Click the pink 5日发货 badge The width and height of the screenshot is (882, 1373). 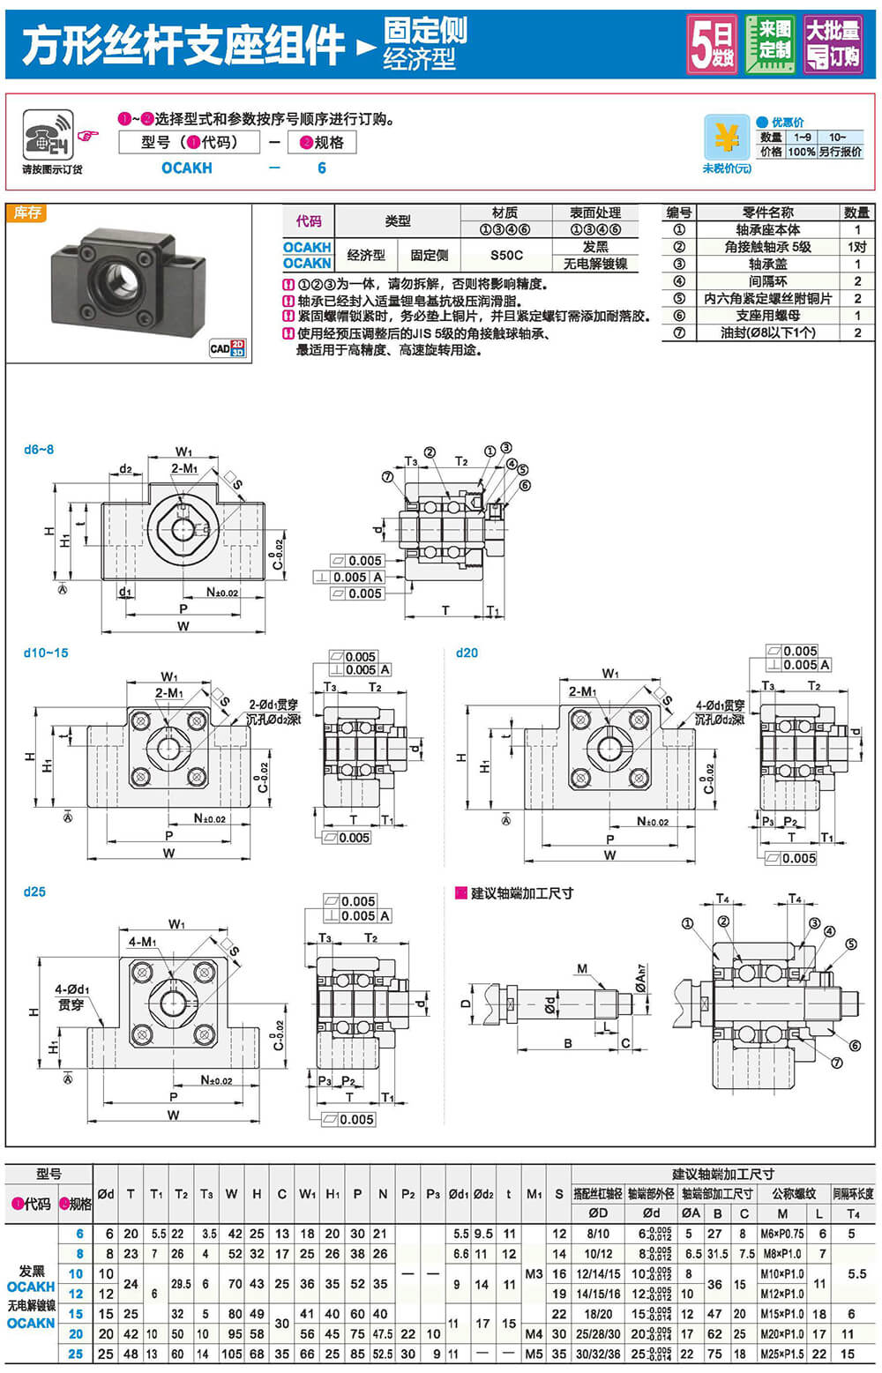point(712,44)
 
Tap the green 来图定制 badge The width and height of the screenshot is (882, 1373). point(770,44)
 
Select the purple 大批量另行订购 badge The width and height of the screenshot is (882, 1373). point(833,44)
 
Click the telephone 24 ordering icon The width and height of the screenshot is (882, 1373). point(49,136)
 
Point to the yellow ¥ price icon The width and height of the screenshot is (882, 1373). point(727,138)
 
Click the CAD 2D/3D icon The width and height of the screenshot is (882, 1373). point(228,348)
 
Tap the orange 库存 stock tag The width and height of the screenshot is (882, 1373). point(26,213)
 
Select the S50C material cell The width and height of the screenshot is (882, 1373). point(506,255)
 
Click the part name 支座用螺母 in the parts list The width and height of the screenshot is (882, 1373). point(767,315)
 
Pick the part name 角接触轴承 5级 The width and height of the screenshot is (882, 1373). point(767,247)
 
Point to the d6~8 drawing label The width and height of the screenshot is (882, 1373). point(39,450)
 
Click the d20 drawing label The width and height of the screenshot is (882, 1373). point(467,653)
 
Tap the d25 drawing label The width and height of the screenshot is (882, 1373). point(34,892)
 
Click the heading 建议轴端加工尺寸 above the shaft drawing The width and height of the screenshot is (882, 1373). point(521,893)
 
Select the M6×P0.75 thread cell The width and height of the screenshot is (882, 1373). point(781,1235)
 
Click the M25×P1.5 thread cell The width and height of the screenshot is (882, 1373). point(781,1354)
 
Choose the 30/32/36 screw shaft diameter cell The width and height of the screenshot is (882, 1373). point(598,1354)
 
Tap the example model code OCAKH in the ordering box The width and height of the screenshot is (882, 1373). point(186,168)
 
